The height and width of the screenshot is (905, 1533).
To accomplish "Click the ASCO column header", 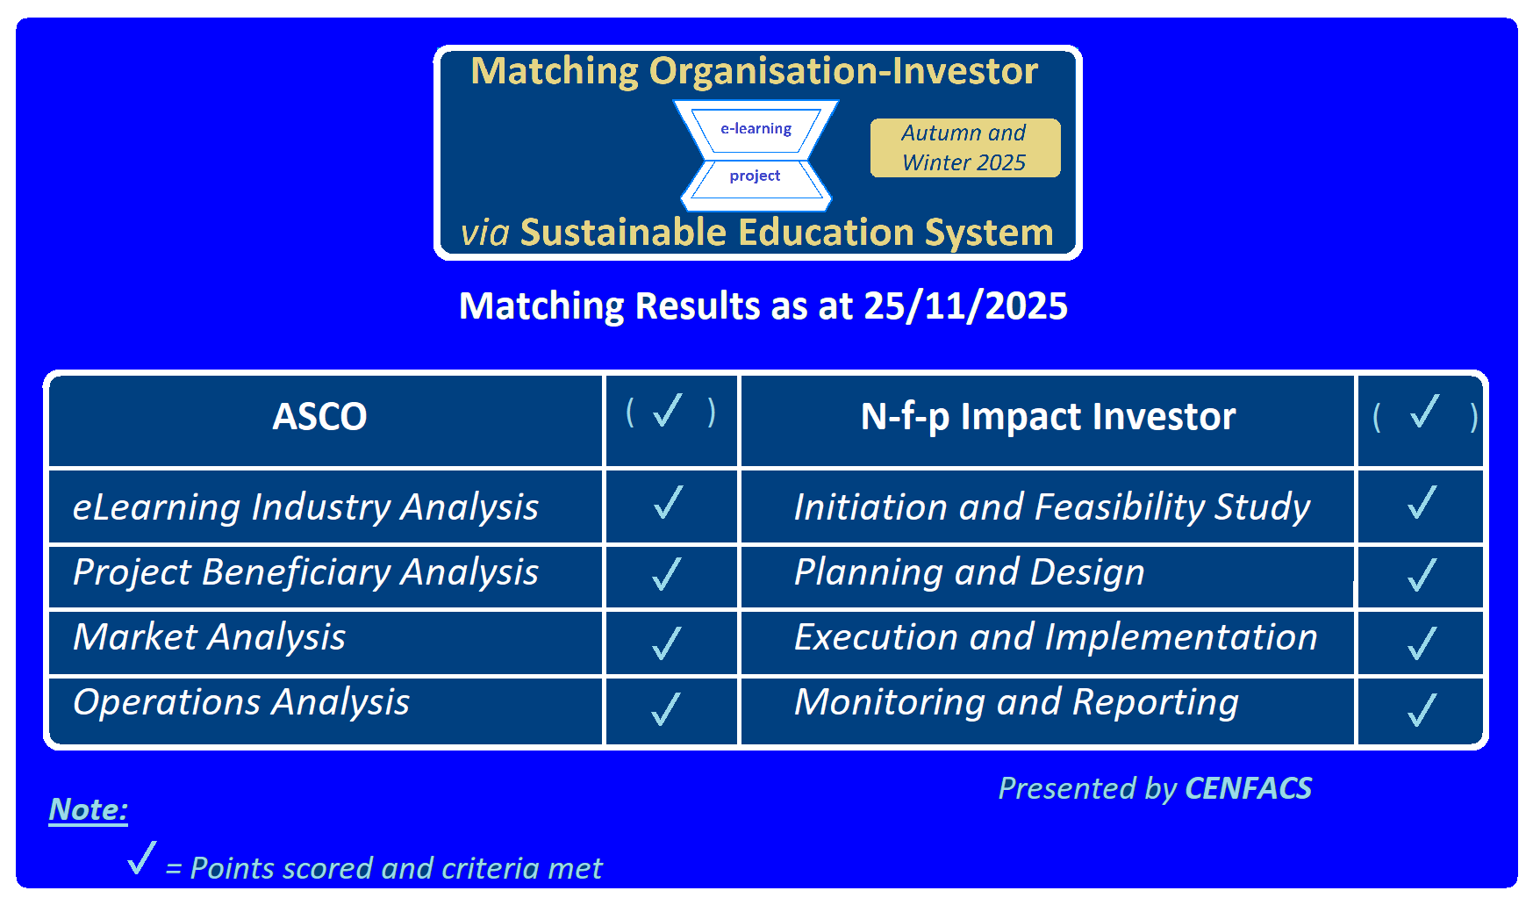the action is pos(319,416).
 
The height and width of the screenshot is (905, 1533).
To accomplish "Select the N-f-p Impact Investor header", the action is pos(1048,417).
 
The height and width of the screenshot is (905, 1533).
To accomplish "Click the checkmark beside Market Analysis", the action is pos(667,643).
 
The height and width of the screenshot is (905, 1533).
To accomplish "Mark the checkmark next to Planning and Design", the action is pos(1422,575).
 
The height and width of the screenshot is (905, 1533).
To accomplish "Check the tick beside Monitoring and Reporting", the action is pos(1422,710).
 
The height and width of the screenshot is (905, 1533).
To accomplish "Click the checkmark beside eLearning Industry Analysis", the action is pos(668,502).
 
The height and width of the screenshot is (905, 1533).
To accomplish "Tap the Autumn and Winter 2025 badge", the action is pos(965,147).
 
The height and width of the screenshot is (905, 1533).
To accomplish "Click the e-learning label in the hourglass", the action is pos(756,128).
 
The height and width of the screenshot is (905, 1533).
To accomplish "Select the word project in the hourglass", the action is pos(755,176).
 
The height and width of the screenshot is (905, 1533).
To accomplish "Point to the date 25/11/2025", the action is pos(965,306).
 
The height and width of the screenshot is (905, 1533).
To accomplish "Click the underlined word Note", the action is pos(89,809).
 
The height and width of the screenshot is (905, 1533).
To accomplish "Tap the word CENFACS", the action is pos(1248,788).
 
